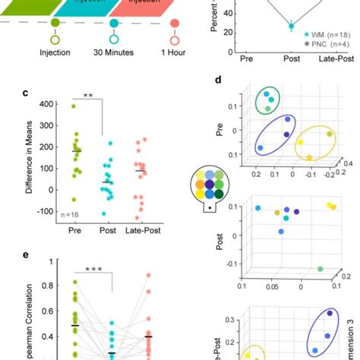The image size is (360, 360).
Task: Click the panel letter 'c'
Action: click(25, 94)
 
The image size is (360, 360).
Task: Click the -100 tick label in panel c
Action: click(46, 211)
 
